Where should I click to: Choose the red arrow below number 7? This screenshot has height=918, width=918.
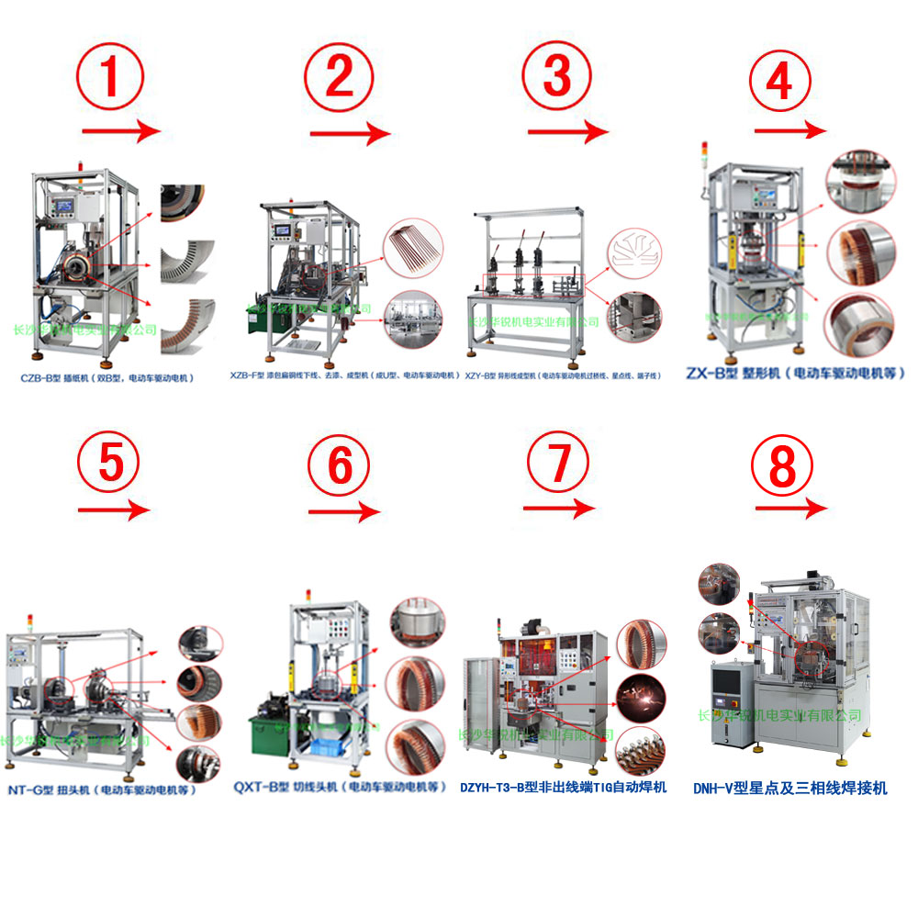[x=562, y=508]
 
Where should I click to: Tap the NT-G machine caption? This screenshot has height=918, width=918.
[x=101, y=789]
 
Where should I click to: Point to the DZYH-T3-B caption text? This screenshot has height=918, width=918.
[x=563, y=787]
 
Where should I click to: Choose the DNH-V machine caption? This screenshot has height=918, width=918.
[x=790, y=788]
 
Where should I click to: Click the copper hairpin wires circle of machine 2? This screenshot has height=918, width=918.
[x=413, y=247]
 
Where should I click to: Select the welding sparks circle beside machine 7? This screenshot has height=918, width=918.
[x=640, y=693]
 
